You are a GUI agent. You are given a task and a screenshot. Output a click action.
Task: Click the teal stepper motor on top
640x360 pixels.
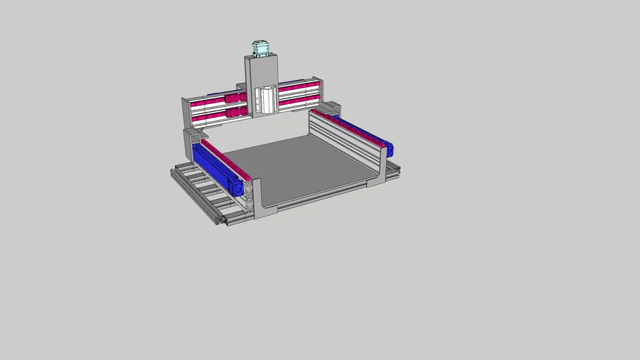pos(260,48)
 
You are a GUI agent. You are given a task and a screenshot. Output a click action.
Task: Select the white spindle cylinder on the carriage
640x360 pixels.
pos(267,99)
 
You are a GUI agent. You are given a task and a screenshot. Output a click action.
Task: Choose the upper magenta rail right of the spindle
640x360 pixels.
pos(298,89)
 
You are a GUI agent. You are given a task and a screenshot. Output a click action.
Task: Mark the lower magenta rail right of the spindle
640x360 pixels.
pos(298,101)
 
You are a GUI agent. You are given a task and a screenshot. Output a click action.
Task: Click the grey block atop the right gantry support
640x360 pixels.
pos(331,108)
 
